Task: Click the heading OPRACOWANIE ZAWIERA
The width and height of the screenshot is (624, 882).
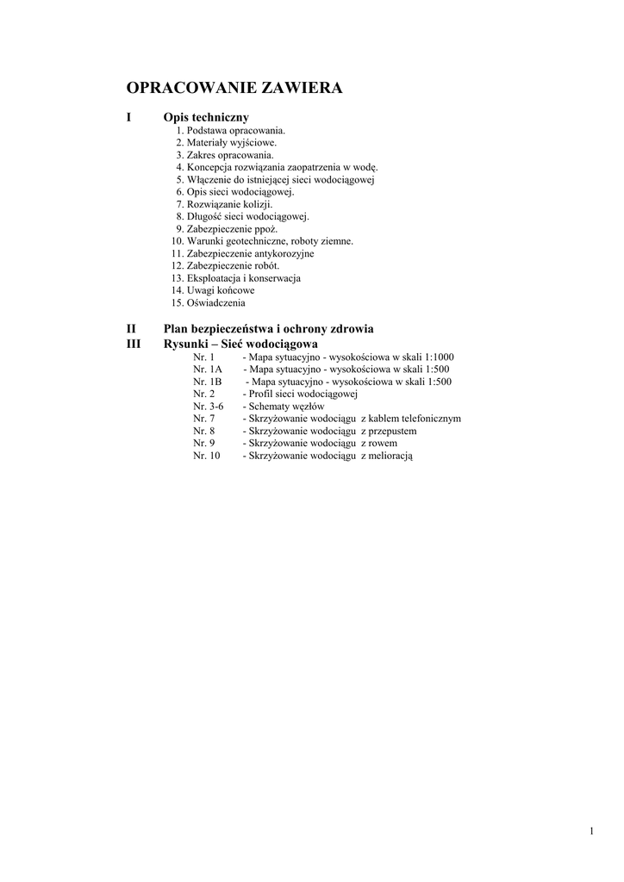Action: (234, 88)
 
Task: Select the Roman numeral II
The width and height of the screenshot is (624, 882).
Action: (131, 329)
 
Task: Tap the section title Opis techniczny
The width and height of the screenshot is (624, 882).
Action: (206, 116)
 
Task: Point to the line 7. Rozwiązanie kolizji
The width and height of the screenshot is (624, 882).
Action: (223, 204)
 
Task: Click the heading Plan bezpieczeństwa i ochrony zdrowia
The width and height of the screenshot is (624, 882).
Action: (268, 329)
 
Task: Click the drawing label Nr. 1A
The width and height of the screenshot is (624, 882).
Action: (207, 369)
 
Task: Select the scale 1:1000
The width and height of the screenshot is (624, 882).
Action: (439, 357)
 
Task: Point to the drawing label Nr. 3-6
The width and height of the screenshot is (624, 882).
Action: (208, 406)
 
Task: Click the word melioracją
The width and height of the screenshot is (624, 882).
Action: (391, 456)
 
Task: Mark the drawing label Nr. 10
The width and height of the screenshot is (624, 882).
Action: (207, 456)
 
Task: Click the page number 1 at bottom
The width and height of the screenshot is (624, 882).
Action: (592, 830)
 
